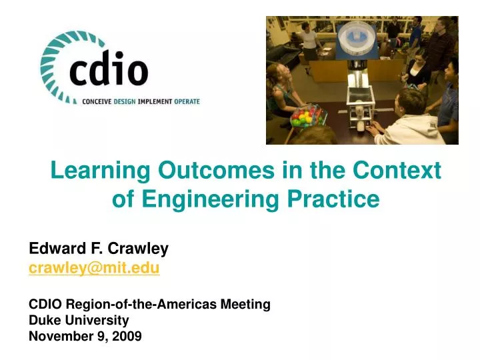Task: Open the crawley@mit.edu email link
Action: tap(94, 268)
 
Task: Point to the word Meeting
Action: tap(243, 304)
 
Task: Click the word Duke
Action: tap(43, 320)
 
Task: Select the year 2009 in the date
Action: tap(127, 336)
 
